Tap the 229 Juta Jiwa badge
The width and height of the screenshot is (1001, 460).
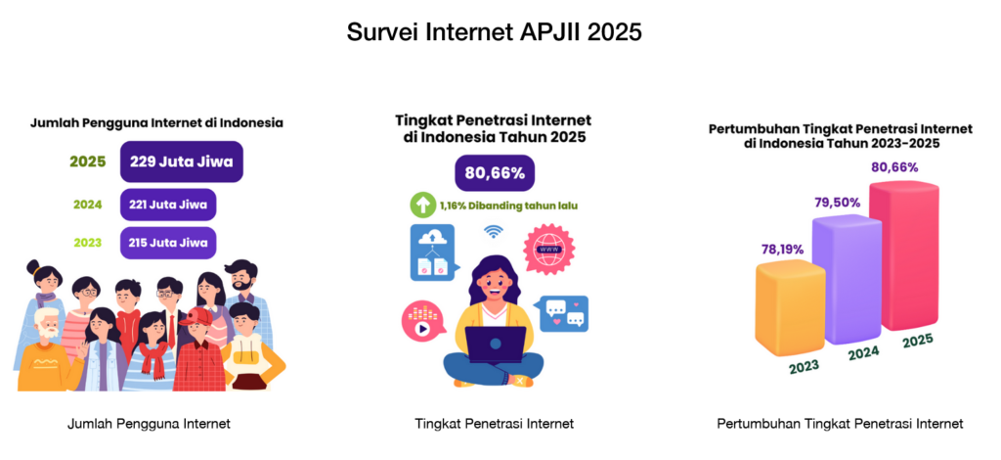point(181,161)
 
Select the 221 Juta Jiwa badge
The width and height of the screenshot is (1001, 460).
point(168,206)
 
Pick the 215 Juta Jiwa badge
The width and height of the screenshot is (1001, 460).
point(168,243)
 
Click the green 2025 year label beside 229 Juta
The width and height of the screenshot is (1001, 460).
point(87,161)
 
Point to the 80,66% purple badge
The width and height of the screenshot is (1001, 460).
point(495,173)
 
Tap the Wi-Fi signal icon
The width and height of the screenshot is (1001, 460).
point(493,231)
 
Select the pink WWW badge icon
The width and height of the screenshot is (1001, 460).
point(548,250)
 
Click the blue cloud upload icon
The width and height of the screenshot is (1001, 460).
point(432,252)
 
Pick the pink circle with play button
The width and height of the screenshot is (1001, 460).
point(421,322)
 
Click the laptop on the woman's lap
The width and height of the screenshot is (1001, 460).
point(496,345)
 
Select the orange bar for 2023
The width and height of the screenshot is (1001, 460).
point(790,308)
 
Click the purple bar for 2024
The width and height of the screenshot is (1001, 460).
point(847,278)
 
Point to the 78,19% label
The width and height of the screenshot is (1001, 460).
point(782,250)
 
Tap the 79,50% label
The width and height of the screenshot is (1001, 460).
point(838,203)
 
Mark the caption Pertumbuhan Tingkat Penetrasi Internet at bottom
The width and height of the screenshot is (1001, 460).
point(840,423)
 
